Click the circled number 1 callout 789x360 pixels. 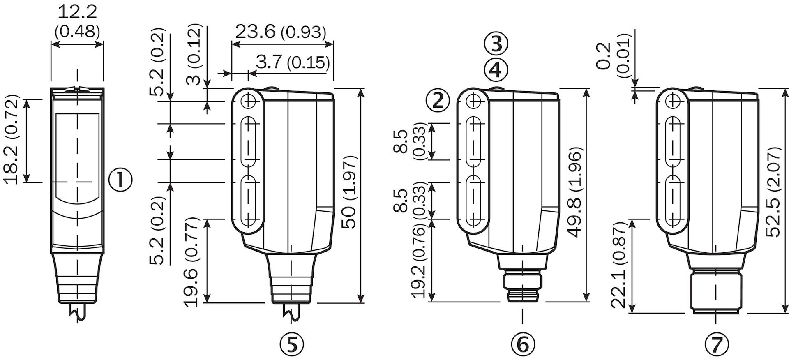point(120,180)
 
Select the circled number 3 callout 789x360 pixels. point(496,44)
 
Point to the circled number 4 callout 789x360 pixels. point(496,70)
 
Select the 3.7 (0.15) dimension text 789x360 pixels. point(293,62)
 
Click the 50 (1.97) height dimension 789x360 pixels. point(349,192)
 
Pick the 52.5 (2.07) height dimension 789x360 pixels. point(774,192)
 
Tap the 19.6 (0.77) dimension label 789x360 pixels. point(191,262)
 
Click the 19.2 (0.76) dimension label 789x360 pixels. point(419,261)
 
